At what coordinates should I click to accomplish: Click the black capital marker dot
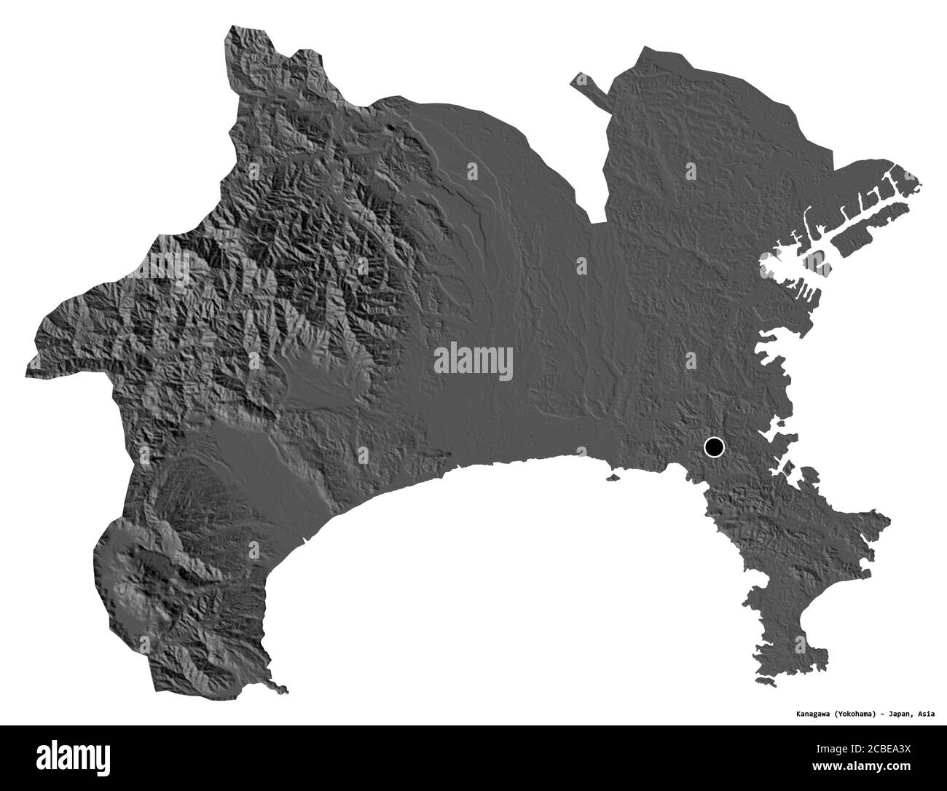click(x=714, y=446)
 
